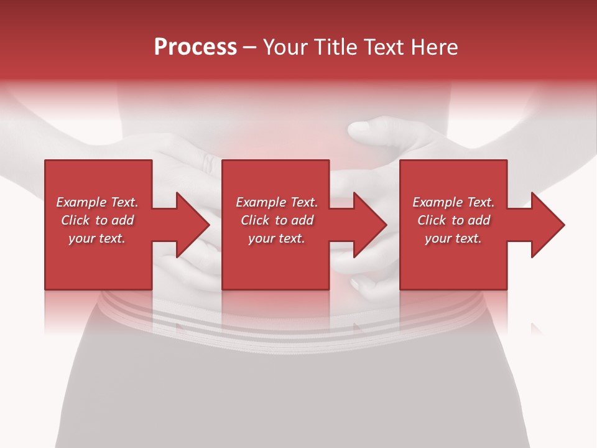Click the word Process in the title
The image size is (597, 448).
click(x=195, y=47)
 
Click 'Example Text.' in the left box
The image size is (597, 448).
click(x=97, y=202)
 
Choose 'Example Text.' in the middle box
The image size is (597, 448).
click(x=277, y=202)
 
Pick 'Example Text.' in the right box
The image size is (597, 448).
click(x=453, y=202)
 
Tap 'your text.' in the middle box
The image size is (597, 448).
click(x=277, y=238)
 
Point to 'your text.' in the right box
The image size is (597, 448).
click(x=453, y=238)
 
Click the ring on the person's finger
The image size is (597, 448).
click(x=208, y=163)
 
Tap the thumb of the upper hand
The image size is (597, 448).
click(x=367, y=129)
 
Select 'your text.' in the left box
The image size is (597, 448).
click(x=97, y=238)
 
